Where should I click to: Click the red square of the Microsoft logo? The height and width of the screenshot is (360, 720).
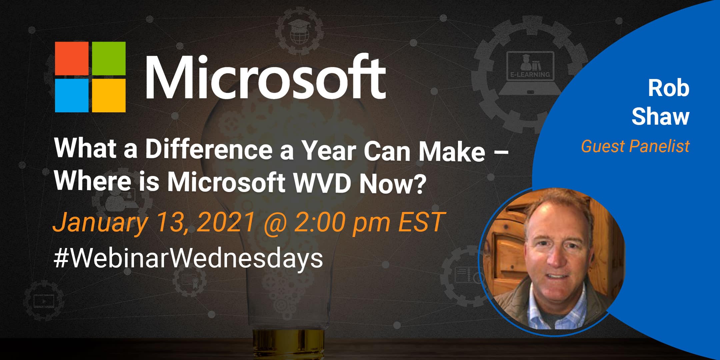click(71, 58)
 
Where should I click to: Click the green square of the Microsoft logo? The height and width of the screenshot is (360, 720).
click(109, 58)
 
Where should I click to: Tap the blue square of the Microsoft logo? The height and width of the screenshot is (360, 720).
click(71, 95)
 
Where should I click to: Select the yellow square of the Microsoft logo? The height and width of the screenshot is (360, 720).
click(109, 95)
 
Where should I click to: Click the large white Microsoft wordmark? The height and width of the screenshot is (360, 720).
click(266, 77)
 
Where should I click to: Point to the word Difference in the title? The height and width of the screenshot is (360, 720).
click(209, 150)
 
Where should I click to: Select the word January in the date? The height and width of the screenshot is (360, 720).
click(100, 223)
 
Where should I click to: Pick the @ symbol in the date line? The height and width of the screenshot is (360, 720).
click(275, 223)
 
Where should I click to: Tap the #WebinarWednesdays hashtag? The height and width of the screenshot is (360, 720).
click(188, 259)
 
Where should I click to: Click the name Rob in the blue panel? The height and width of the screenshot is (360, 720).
click(668, 88)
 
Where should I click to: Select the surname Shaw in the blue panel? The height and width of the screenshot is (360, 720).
click(660, 117)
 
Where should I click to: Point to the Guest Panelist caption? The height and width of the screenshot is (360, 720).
click(635, 146)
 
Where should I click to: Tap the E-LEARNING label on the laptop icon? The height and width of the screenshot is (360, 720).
click(530, 75)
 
